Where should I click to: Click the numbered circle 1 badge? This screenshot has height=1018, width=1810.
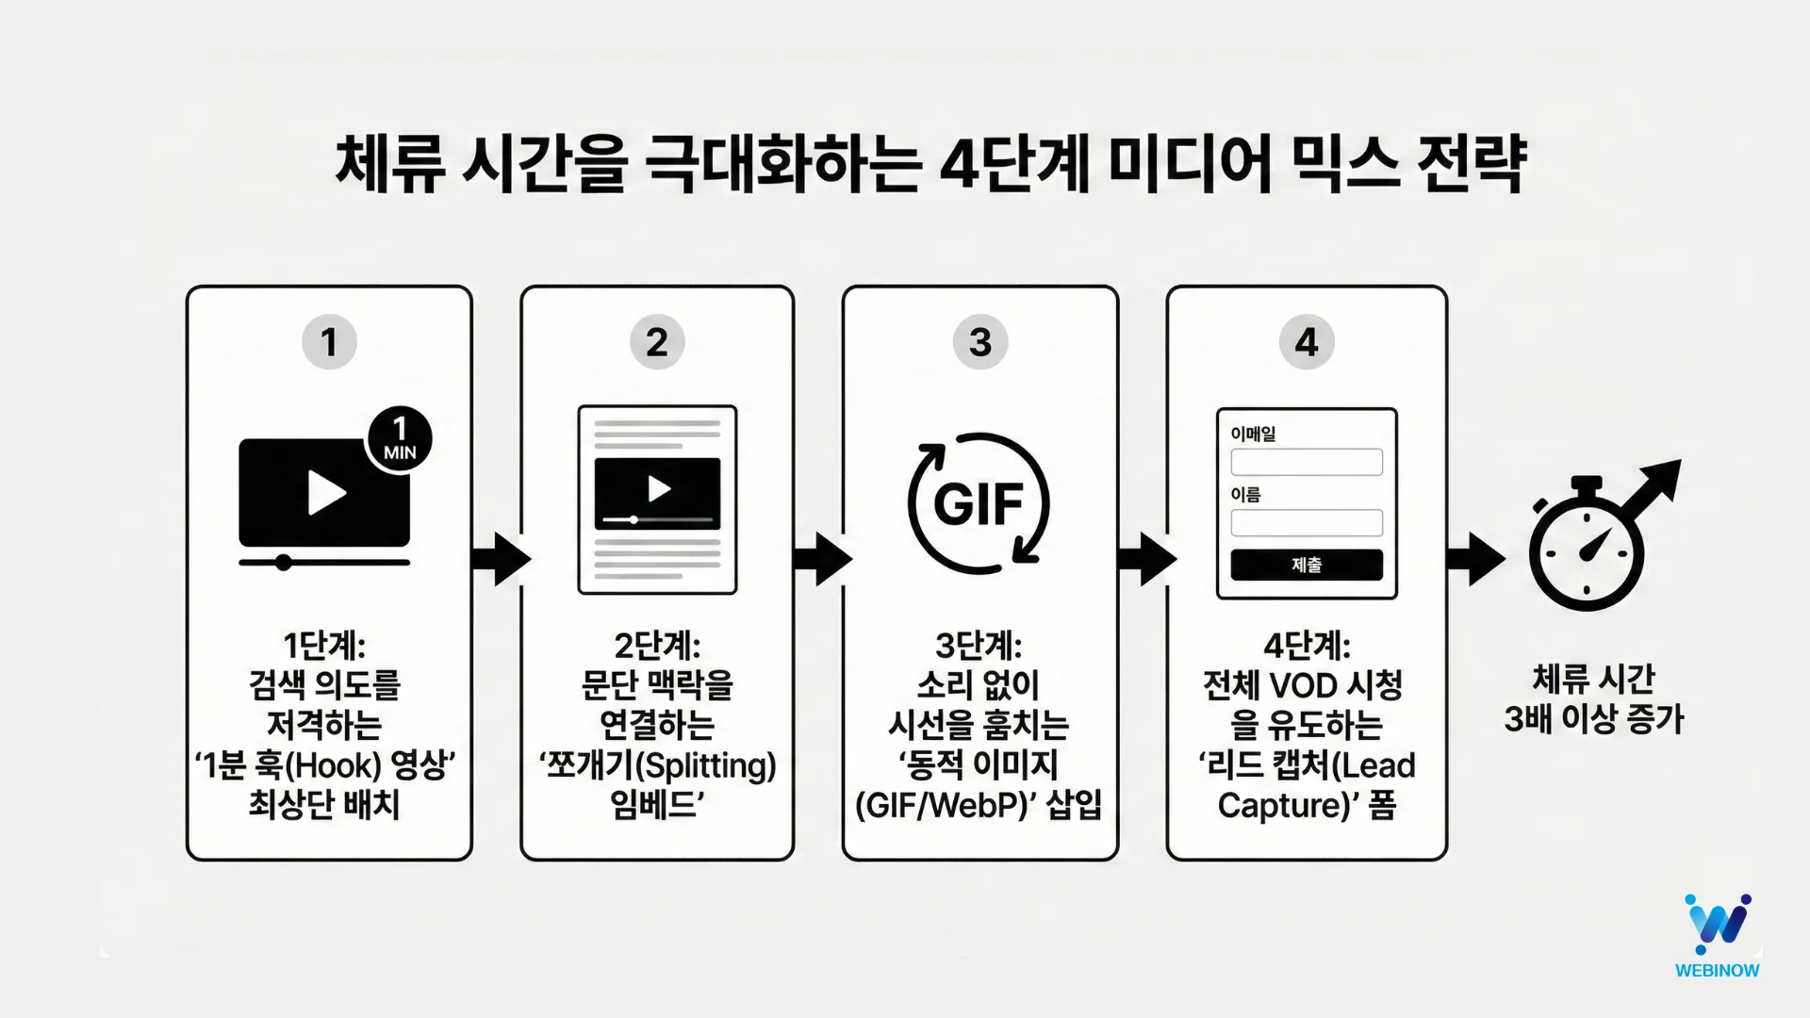[x=329, y=342]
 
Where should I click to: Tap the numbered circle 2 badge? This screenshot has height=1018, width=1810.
[x=657, y=342]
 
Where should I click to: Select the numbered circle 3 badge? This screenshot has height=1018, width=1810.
[x=980, y=342]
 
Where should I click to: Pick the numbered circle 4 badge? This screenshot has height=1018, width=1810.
[x=1307, y=342]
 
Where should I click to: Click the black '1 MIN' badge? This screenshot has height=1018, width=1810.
[x=400, y=439]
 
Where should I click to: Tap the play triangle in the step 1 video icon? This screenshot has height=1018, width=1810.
[x=326, y=492]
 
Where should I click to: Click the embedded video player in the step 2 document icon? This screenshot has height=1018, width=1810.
[x=657, y=493]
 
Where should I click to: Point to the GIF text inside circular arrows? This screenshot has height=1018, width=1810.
[x=979, y=503]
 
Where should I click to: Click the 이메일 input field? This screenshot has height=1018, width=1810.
[x=1307, y=462]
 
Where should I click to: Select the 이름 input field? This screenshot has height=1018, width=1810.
[x=1307, y=522]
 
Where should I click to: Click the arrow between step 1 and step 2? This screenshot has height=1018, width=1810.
[x=499, y=559]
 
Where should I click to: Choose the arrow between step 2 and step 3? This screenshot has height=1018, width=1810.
[x=821, y=559]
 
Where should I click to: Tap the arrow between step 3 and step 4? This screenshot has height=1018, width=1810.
[x=1145, y=559]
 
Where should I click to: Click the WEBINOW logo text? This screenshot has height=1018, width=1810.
[x=1717, y=970]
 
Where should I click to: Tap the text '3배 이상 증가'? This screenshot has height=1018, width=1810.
[x=1593, y=719]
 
